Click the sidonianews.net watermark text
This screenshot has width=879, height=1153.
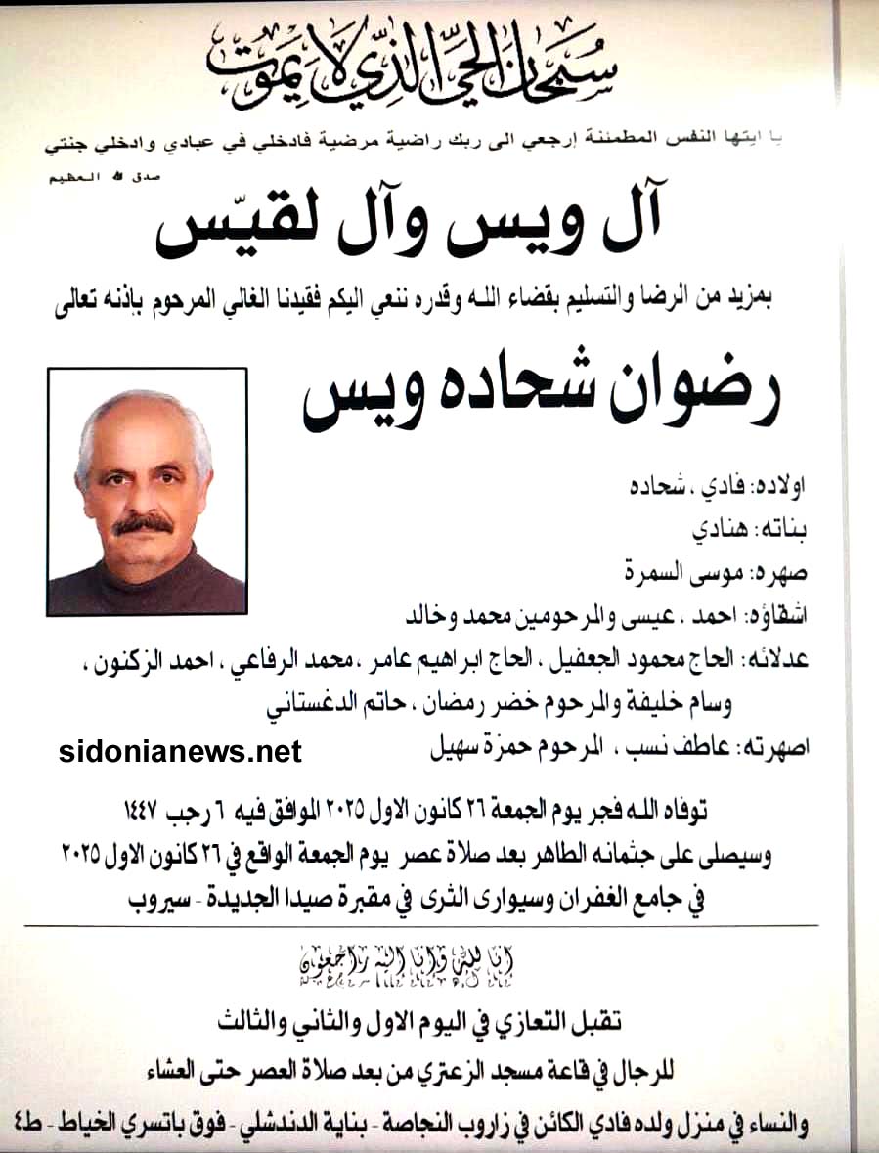(180, 751)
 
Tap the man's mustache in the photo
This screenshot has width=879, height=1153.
(143, 526)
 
